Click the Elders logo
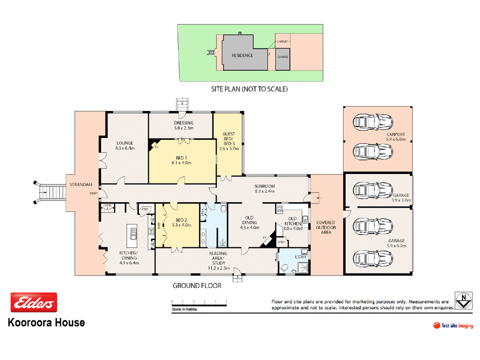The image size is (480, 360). tap(34, 304)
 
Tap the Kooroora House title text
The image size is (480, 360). tap(46, 323)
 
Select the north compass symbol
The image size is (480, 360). tap(462, 301)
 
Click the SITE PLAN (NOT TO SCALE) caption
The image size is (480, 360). tap(249, 89)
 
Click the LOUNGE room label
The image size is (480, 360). tap(125, 145)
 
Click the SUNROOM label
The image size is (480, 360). tap(265, 188)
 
